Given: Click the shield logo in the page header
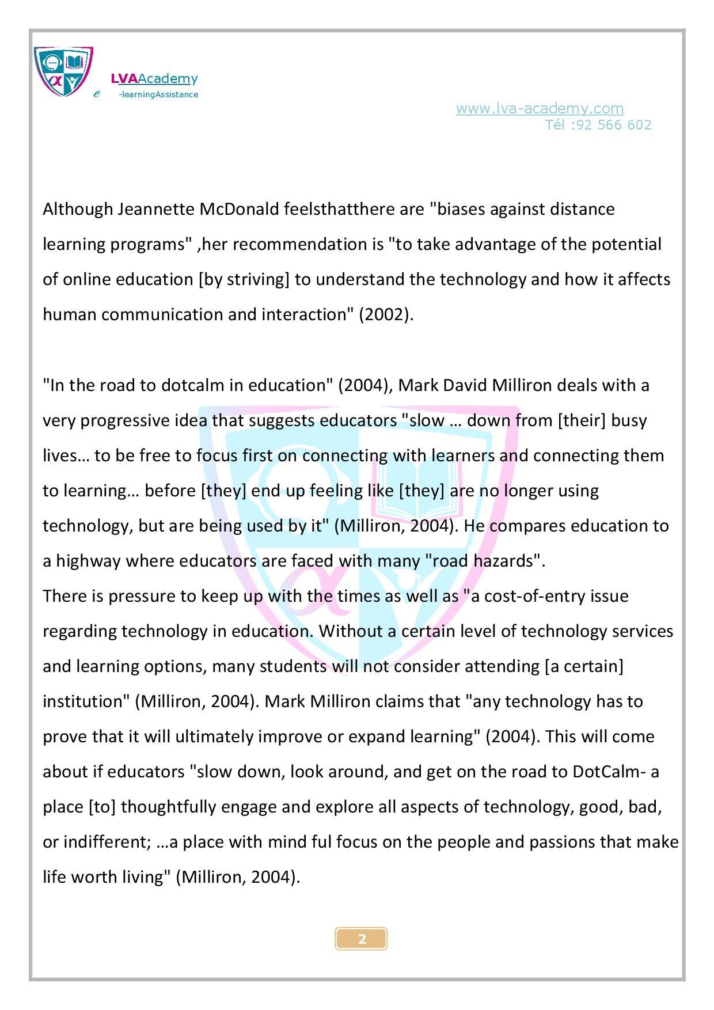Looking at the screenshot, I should click(x=63, y=71).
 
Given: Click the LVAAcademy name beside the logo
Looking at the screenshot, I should click(x=154, y=78).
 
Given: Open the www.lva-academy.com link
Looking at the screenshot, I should click(x=540, y=108).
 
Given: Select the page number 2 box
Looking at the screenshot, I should click(x=361, y=939).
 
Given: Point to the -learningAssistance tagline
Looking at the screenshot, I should click(x=158, y=94).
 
